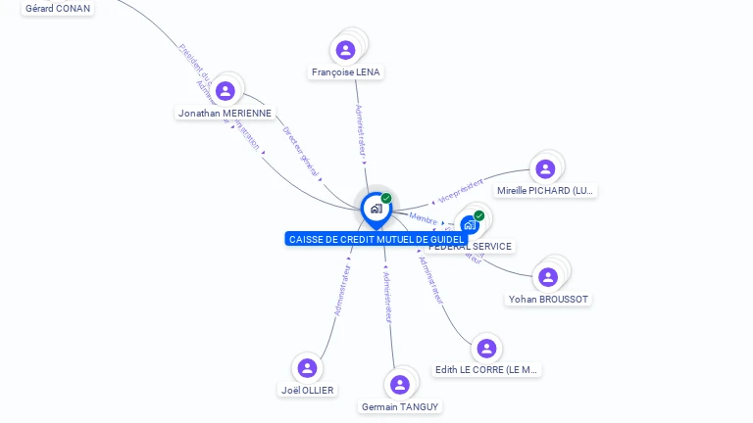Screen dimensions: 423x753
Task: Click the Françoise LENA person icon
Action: tap(345, 50)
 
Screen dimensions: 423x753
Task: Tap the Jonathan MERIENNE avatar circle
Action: tap(226, 91)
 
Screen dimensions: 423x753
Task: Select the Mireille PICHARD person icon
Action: tap(545, 168)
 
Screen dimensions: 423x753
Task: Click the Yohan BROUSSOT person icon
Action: tap(548, 277)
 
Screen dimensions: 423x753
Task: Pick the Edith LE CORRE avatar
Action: tap(485, 349)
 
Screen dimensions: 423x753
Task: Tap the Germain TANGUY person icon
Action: tap(399, 385)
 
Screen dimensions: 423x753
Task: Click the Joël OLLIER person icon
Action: tap(307, 367)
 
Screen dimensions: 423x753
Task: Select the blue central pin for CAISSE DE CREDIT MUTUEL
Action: tap(376, 209)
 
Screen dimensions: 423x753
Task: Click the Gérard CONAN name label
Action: tap(58, 9)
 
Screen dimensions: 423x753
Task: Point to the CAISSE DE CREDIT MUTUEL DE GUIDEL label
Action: tap(376, 239)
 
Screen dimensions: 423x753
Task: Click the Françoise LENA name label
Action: tap(346, 72)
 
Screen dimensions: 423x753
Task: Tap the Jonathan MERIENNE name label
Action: tap(225, 114)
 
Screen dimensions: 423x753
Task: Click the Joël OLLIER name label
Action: tap(307, 390)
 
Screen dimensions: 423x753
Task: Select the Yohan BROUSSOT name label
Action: tap(549, 300)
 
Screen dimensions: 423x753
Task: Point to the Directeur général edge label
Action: tap(301, 152)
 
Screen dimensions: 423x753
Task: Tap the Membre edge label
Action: tap(424, 218)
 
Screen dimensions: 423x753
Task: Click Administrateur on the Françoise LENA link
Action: tap(360, 131)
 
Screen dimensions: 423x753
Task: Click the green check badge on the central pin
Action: tap(386, 199)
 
